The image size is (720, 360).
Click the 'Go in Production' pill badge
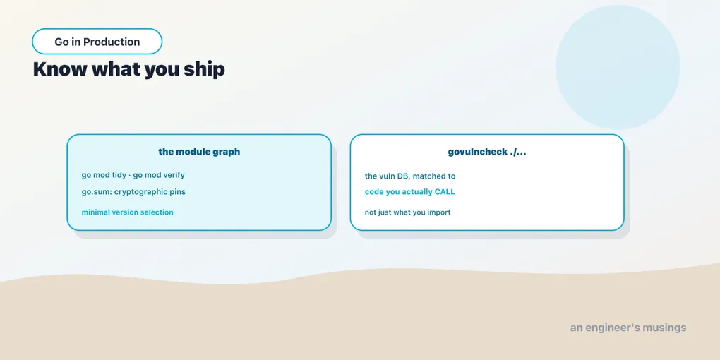click(97, 42)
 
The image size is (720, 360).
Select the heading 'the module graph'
click(199, 152)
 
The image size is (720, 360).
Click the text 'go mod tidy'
click(104, 175)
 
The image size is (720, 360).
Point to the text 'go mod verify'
click(159, 175)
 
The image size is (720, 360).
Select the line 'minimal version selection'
click(127, 212)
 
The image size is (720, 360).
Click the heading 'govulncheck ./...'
click(487, 152)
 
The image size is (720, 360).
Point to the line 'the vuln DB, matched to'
click(410, 176)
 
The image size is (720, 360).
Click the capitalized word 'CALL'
click(445, 192)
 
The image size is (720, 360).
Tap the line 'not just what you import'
click(408, 212)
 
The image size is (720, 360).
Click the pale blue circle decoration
click(618, 67)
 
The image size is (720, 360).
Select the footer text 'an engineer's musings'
click(628, 328)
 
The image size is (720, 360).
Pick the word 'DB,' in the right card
click(403, 176)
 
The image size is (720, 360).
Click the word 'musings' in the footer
click(665, 328)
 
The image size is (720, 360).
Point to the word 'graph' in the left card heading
click(227, 152)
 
